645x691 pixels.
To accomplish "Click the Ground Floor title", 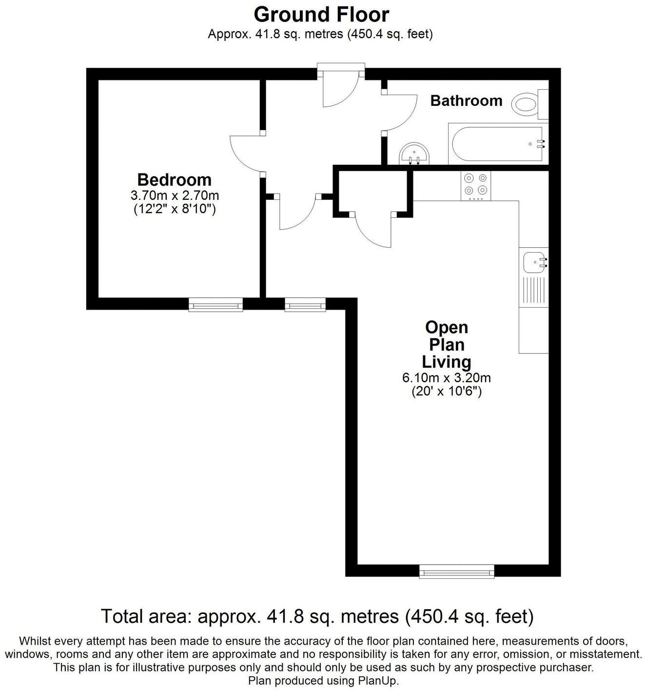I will (x=321, y=15).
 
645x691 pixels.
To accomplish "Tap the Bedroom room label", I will (x=174, y=179).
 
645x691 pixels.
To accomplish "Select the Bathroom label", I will (x=466, y=100).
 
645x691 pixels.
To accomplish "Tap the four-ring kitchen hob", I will (x=476, y=185).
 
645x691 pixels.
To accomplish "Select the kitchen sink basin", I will (x=532, y=262).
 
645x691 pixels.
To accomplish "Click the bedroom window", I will (x=215, y=306).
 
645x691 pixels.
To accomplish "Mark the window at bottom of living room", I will (x=457, y=571).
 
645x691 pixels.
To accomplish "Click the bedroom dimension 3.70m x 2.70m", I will (x=174, y=196).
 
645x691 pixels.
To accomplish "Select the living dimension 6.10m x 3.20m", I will (x=446, y=377).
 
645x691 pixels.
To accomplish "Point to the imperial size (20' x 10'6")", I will (x=446, y=391).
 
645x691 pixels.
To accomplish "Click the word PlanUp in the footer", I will (x=380, y=680).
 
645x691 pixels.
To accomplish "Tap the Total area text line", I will (x=317, y=616).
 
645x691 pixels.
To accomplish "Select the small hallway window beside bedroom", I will (x=305, y=306).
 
